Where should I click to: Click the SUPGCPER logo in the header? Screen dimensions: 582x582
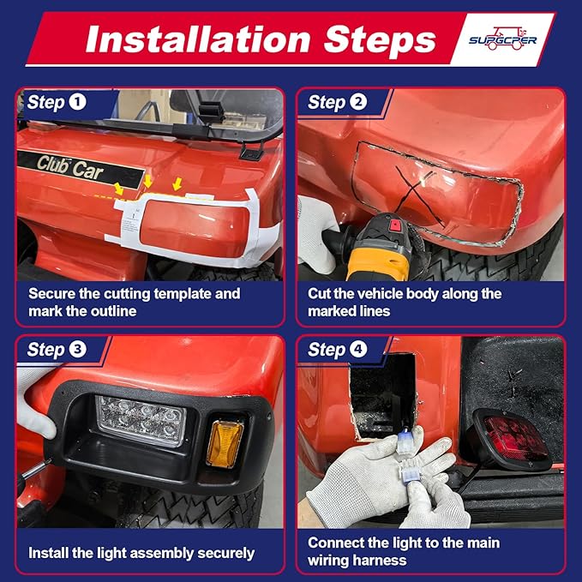[502, 39]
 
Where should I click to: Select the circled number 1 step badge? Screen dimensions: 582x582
[78, 102]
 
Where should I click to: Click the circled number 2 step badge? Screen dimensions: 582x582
[358, 102]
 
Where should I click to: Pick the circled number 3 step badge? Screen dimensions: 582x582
[78, 349]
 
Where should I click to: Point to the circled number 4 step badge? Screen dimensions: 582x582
[358, 349]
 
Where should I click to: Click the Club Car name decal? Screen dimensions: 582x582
[69, 168]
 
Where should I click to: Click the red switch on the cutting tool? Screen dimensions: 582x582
[395, 225]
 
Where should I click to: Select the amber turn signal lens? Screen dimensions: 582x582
[225, 443]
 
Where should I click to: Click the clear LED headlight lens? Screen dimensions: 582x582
[141, 420]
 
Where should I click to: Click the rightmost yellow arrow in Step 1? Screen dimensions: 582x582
[177, 183]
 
